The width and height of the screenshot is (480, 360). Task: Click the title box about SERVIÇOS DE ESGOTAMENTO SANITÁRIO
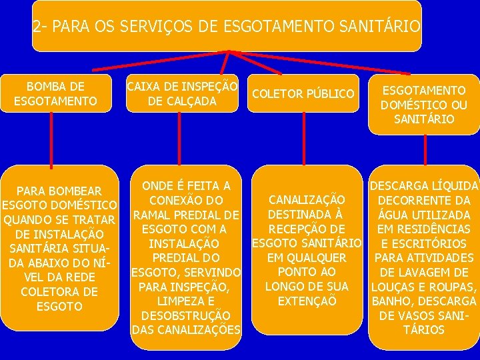[x=227, y=27]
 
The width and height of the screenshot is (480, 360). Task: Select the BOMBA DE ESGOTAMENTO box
[x=55, y=94]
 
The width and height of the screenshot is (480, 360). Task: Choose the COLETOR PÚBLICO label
[x=303, y=94]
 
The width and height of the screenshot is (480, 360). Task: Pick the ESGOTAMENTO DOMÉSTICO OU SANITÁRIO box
[x=423, y=104]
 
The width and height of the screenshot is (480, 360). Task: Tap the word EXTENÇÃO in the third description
[x=307, y=301]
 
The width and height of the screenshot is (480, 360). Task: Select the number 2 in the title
[x=37, y=27]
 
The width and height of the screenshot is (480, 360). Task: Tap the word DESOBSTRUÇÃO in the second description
[x=185, y=315]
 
